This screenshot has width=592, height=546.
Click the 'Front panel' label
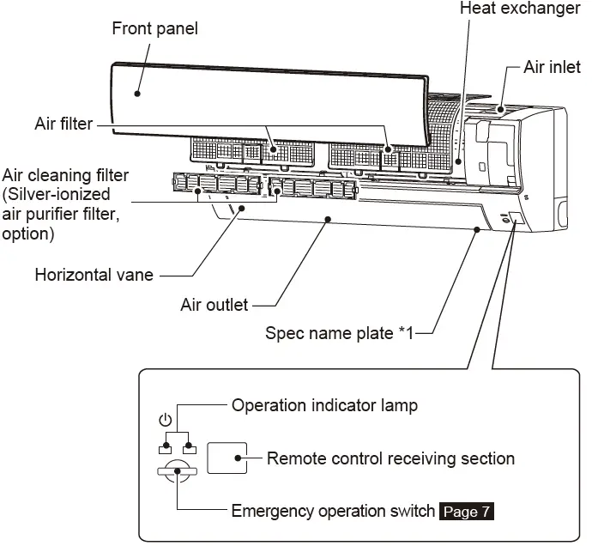click(154, 29)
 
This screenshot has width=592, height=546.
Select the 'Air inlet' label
click(552, 68)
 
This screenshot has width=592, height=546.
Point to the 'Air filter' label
click(63, 124)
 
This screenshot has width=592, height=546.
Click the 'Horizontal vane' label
click(94, 276)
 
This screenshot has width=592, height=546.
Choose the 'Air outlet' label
click(214, 305)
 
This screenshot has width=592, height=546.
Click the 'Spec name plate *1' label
click(339, 333)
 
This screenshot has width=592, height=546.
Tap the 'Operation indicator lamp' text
click(324, 405)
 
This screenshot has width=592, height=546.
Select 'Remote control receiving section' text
click(390, 458)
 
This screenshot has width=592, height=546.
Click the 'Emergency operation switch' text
click(333, 512)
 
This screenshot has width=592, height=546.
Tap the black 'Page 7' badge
click(467, 513)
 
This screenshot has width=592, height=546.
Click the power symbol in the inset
click(166, 422)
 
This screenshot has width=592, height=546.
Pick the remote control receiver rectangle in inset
click(227, 459)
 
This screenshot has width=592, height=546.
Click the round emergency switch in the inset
click(177, 471)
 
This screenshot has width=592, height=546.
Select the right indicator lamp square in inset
click(190, 449)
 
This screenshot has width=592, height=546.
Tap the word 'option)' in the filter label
click(27, 234)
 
